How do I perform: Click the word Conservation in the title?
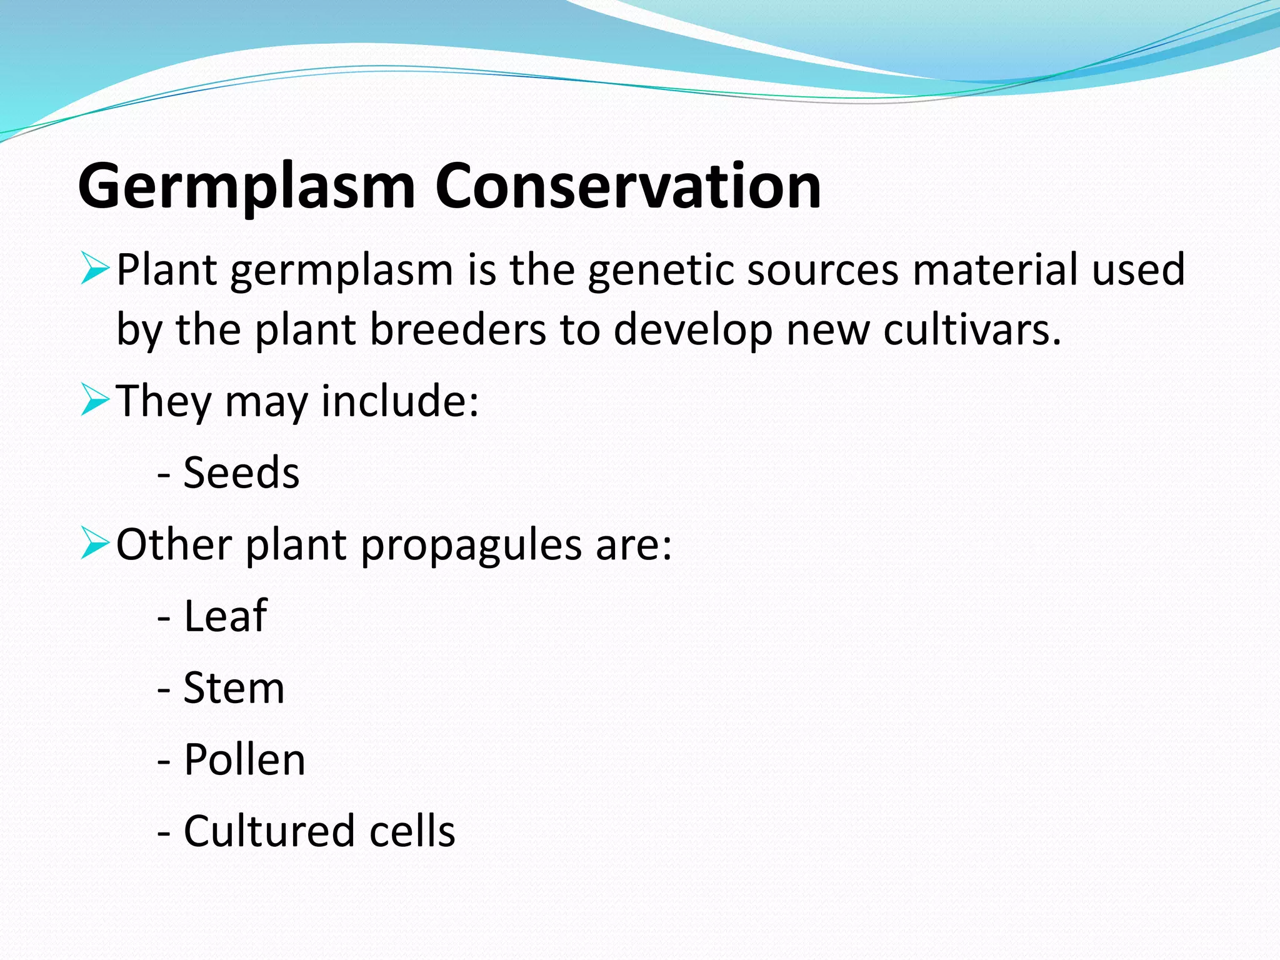(x=627, y=186)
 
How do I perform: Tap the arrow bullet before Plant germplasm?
(x=95, y=269)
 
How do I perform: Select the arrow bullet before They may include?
(x=95, y=400)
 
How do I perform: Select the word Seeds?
(x=241, y=472)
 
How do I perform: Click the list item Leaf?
(x=225, y=616)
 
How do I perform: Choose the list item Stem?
(x=234, y=688)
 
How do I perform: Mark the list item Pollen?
(x=244, y=760)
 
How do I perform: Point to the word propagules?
(x=471, y=545)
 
